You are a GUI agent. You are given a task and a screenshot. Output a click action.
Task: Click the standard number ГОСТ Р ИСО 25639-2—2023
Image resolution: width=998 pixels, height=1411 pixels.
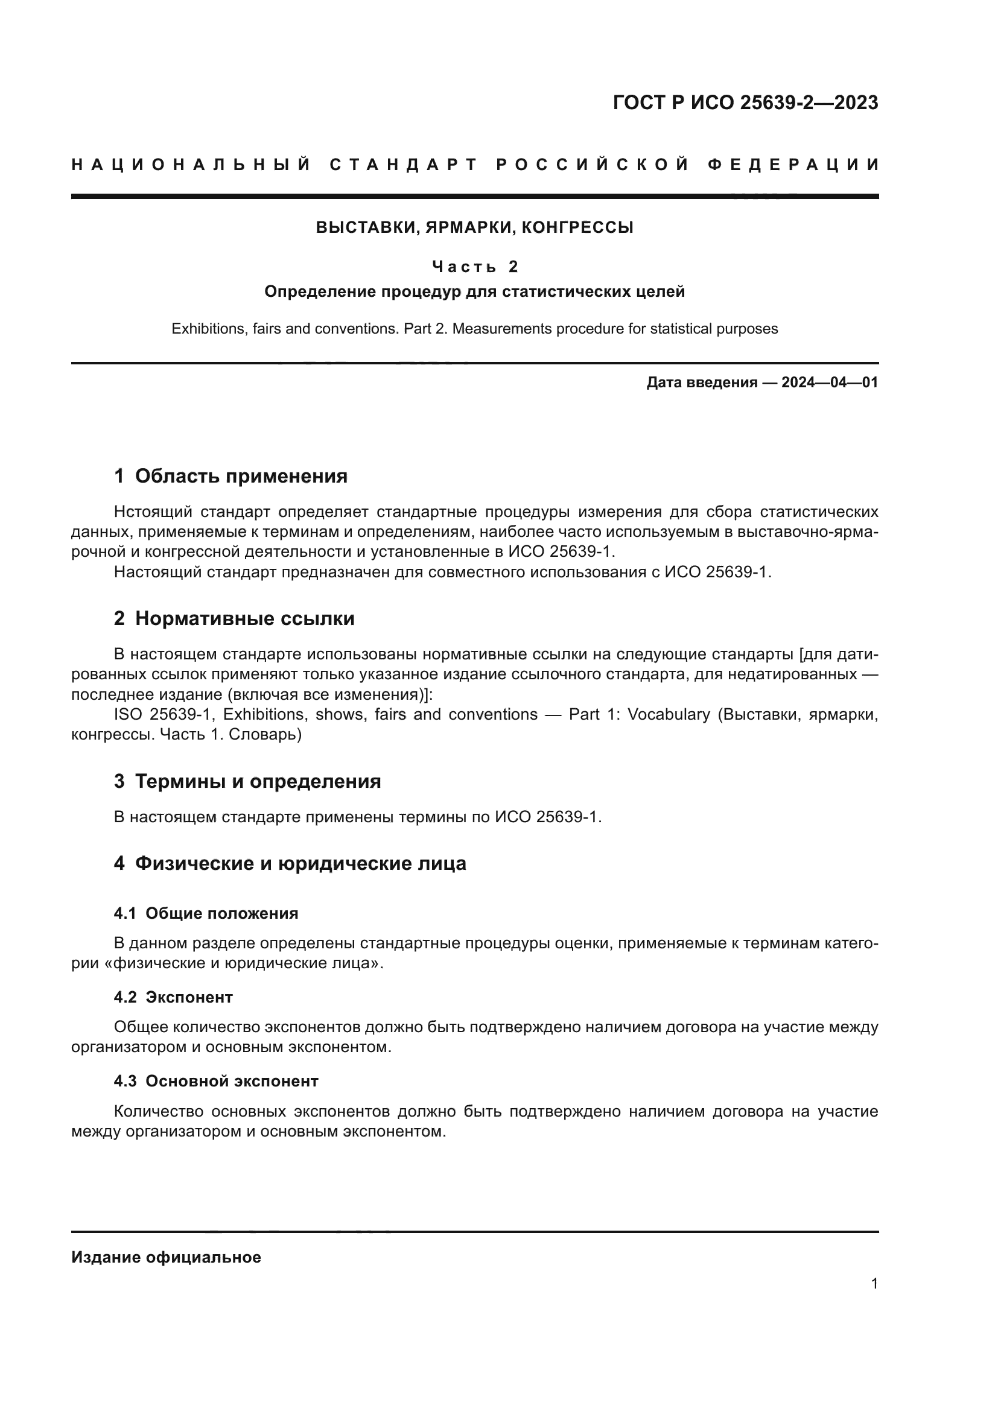point(745,103)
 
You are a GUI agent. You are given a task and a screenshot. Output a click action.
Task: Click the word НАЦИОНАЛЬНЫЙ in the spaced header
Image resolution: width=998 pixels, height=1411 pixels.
point(191,165)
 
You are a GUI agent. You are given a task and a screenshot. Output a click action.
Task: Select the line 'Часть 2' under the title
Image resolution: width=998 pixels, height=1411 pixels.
point(474,266)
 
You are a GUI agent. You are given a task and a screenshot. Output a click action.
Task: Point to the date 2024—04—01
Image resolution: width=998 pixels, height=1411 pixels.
point(829,382)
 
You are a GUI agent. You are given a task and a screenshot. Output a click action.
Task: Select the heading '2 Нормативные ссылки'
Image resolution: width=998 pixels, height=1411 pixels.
point(234,618)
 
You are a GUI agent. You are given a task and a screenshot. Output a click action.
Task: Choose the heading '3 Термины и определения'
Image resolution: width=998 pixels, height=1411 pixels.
point(247,781)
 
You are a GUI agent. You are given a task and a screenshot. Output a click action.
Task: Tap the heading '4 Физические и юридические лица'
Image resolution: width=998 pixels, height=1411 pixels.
point(290,863)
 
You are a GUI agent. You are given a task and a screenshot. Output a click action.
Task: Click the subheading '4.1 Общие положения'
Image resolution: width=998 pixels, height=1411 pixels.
point(206,913)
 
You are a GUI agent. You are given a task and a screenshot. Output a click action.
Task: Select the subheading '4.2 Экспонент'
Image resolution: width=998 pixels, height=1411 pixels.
point(173,997)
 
